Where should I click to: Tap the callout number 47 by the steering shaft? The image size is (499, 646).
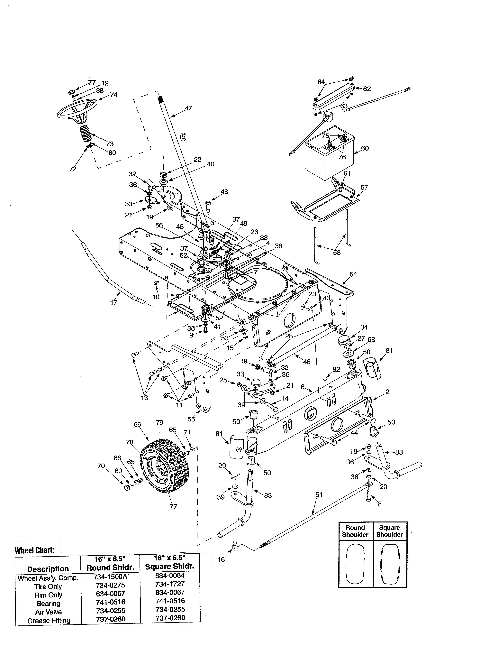pos(188,108)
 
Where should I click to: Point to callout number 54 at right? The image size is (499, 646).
pos(353,274)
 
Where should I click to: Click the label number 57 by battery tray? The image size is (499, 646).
pos(364,187)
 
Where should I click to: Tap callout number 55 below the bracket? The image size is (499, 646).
pos(191,419)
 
